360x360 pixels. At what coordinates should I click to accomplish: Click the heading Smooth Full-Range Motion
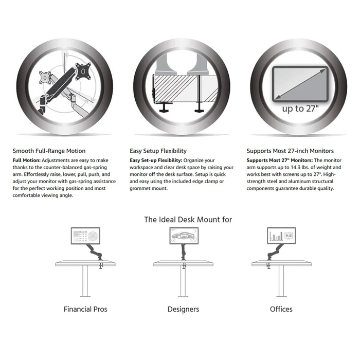pos(49,151)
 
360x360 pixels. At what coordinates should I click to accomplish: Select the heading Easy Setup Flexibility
pos(158,151)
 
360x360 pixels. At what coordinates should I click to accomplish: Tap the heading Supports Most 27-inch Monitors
pos(290,151)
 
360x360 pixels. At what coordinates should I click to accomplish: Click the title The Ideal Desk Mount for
pos(188,220)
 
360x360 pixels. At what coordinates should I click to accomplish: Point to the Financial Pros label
pos(85,309)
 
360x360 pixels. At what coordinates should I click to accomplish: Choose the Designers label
pos(183,309)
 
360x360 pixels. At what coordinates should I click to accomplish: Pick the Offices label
pos(281,309)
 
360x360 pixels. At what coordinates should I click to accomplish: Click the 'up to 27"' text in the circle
pos(300,109)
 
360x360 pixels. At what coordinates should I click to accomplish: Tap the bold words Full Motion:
pos(26,160)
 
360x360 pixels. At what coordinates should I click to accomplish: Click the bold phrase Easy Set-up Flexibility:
pos(156,160)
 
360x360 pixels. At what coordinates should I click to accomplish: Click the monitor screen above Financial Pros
pos(85,236)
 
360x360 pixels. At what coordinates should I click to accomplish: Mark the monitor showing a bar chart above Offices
pos(281,236)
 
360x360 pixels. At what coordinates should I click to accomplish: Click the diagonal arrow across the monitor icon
pos(300,84)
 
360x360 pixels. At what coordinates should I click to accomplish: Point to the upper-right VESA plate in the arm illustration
pos(83,71)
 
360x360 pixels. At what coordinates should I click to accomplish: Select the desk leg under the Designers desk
pos(183,281)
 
